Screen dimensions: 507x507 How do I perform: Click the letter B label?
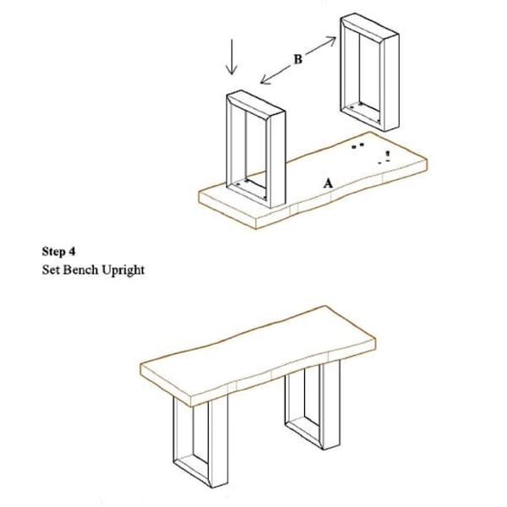coord(297,59)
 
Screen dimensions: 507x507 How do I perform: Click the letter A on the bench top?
coord(328,183)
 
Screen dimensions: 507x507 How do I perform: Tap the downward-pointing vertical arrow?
coord(232,57)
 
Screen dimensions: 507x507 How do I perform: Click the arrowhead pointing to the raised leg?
coord(330,41)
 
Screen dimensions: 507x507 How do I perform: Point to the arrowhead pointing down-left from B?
coord(266,79)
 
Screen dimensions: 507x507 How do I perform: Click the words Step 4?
coord(58,251)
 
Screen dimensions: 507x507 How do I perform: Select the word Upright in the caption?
coord(123,270)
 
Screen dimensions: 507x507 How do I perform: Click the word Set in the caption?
coord(51,270)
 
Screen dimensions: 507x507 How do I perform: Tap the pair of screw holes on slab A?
coord(357,145)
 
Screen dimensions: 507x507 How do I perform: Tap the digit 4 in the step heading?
coord(72,251)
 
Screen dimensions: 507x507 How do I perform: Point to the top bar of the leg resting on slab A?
coord(256,103)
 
